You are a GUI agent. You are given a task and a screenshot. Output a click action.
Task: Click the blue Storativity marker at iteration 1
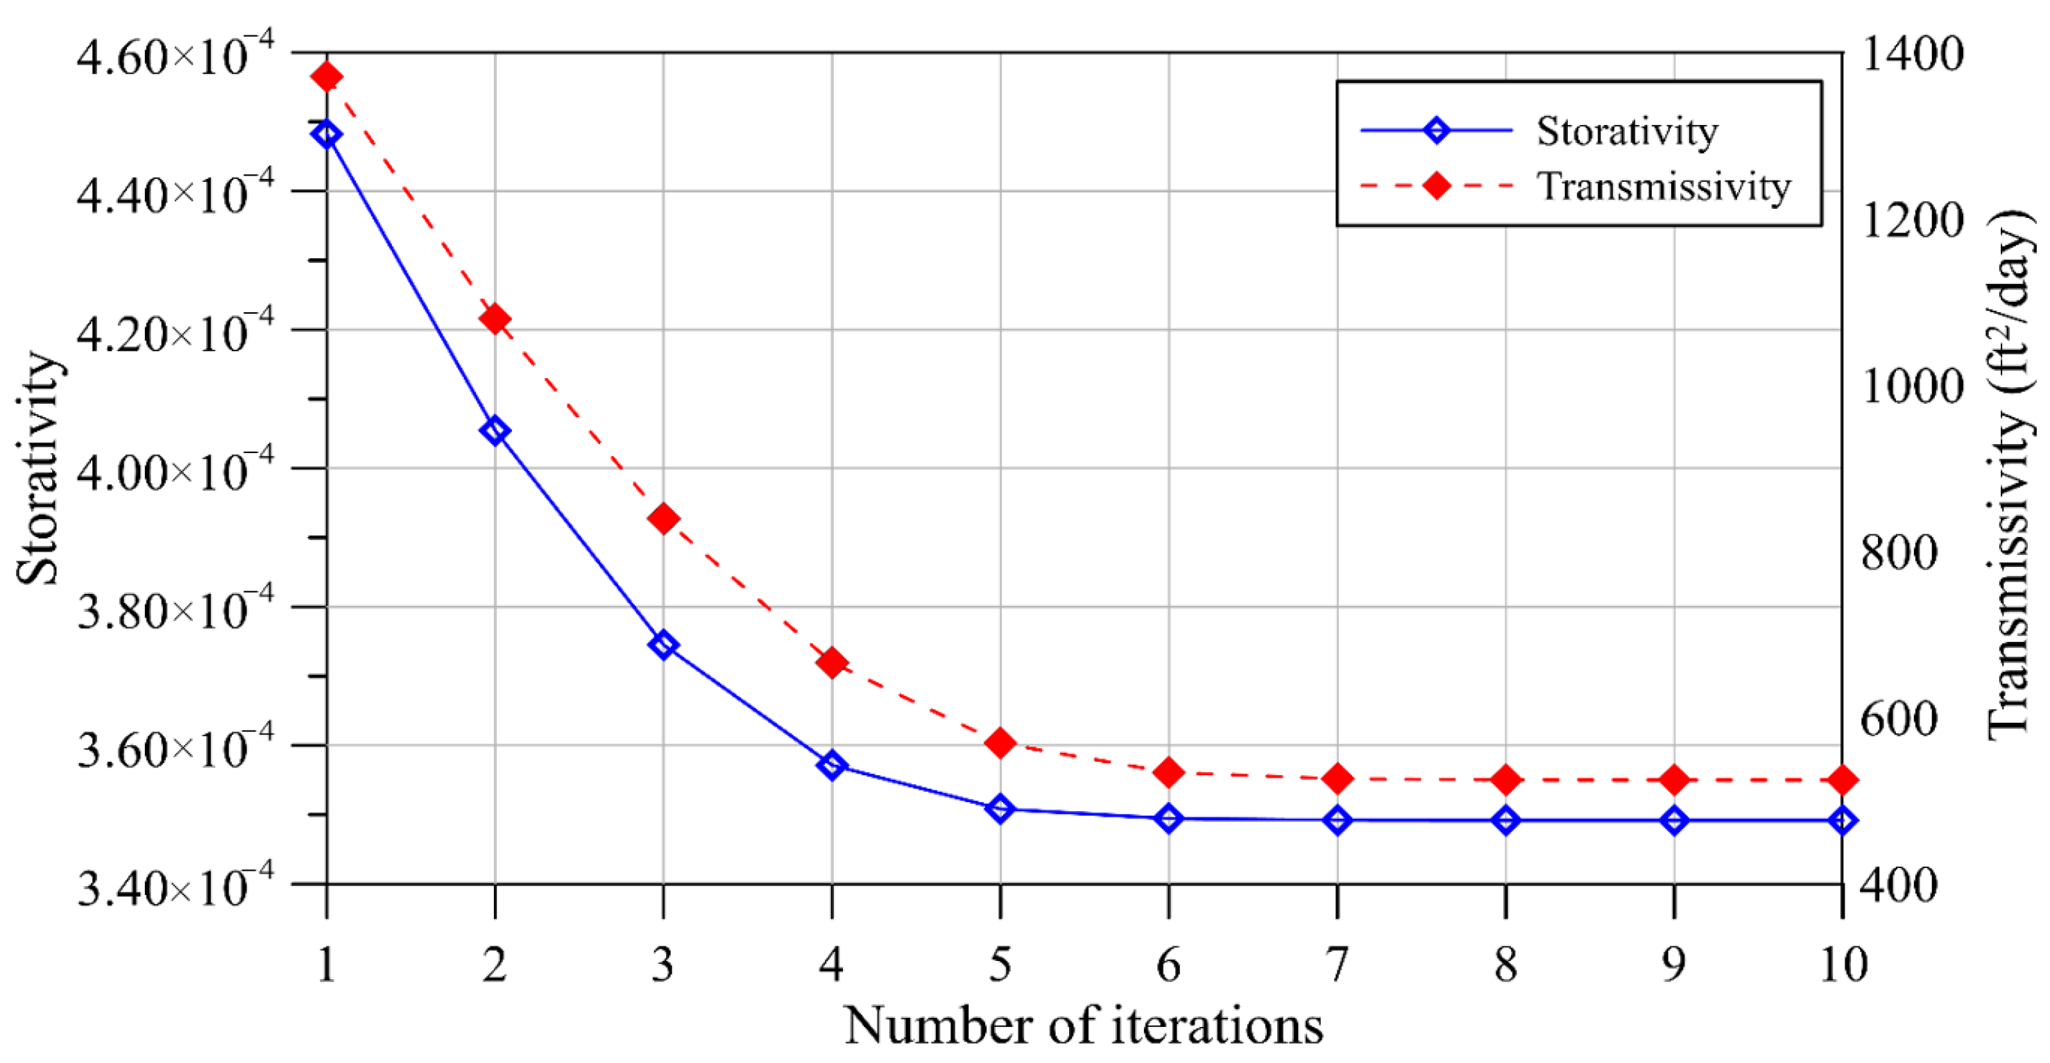[x=326, y=135]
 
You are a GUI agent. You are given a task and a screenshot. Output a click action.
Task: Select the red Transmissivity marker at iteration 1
[x=326, y=77]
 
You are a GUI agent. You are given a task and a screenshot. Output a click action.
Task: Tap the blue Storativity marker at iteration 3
[x=663, y=645]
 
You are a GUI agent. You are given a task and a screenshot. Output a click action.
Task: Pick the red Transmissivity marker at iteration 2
[x=495, y=320]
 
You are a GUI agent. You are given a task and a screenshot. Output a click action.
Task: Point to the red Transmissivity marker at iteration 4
[x=832, y=663]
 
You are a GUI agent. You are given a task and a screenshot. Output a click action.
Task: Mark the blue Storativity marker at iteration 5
[x=1000, y=809]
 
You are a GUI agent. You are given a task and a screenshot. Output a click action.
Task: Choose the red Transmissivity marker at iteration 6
[x=1169, y=772]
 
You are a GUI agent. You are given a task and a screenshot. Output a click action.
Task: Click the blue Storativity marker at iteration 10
[x=1843, y=820]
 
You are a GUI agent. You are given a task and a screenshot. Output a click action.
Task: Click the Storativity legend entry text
[x=1627, y=131]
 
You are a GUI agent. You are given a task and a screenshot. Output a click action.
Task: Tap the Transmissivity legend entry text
[x=1663, y=187]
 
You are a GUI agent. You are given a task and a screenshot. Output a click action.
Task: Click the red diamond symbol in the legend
[x=1437, y=186]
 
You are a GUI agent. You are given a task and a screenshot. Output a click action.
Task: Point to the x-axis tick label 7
[x=1338, y=964]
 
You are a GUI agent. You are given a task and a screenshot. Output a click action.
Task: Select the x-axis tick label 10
[x=1843, y=964]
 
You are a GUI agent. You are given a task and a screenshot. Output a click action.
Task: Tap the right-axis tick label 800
[x=1899, y=552]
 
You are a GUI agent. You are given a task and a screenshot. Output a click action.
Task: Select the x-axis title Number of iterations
[x=1084, y=1026]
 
